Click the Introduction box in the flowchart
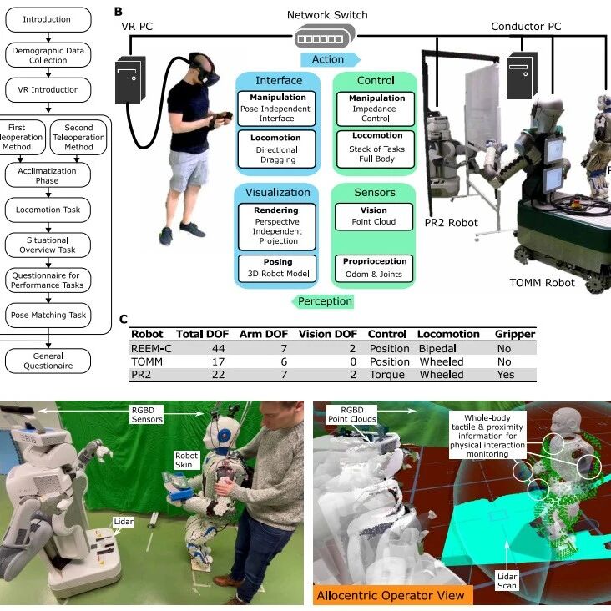pyautogui.click(x=48, y=19)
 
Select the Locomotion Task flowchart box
pyautogui.click(x=48, y=210)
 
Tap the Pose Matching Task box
pyautogui.click(x=48, y=316)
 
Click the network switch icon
pyautogui.click(x=325, y=36)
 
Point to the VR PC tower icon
pyautogui.click(x=130, y=79)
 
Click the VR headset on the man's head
pyautogui.click(x=205, y=72)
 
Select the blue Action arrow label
pyautogui.click(x=330, y=59)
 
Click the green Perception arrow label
pyautogui.click(x=323, y=301)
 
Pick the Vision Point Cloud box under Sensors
pyautogui.click(x=374, y=217)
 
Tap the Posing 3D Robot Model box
pyautogui.click(x=277, y=269)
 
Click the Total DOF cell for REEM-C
pyautogui.click(x=218, y=349)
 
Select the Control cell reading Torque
pyautogui.click(x=387, y=375)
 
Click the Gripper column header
pyautogui.click(x=515, y=335)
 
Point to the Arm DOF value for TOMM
pyautogui.click(x=284, y=362)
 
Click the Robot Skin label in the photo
pyautogui.click(x=187, y=460)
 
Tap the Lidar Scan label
pyautogui.click(x=507, y=581)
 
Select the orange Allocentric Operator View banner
pyautogui.click(x=393, y=595)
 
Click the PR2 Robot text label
pyautogui.click(x=451, y=223)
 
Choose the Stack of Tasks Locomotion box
pyautogui.click(x=376, y=149)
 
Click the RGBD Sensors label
pyautogui.click(x=147, y=415)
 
